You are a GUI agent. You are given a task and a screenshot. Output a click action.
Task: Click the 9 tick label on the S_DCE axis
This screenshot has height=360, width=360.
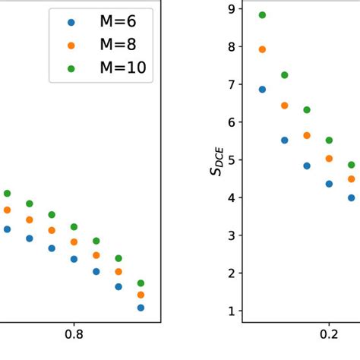(230, 8)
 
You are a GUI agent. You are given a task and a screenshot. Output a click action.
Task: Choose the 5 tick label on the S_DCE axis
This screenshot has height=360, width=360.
(230, 159)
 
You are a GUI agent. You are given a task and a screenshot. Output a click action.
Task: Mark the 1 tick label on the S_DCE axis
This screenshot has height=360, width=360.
(230, 311)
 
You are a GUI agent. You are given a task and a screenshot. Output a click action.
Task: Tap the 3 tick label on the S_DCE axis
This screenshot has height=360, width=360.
(230, 235)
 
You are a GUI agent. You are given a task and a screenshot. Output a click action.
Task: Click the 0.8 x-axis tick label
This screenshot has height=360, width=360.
(74, 333)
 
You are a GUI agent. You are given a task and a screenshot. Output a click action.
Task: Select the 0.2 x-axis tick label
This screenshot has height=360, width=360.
(329, 333)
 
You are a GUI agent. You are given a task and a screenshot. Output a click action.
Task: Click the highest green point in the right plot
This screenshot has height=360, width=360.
(263, 15)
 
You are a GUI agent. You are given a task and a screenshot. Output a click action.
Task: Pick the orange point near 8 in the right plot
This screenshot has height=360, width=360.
(263, 49)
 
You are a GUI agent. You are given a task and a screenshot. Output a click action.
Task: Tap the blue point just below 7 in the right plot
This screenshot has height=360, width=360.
(263, 89)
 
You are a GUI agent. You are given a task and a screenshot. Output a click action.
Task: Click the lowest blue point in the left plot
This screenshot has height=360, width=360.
(141, 308)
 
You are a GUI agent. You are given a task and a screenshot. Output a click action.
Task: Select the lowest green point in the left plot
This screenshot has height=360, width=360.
(141, 283)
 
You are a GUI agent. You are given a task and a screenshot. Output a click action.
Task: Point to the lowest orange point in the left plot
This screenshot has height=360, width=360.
(141, 295)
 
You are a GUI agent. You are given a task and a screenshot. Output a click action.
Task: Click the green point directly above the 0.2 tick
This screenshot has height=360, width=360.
(329, 140)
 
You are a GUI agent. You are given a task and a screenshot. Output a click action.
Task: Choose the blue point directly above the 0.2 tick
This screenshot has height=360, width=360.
(329, 184)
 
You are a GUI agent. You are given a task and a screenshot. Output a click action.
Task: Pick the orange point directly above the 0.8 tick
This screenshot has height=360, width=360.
(74, 242)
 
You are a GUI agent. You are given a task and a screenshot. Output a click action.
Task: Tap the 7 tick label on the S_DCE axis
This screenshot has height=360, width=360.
(230, 84)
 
